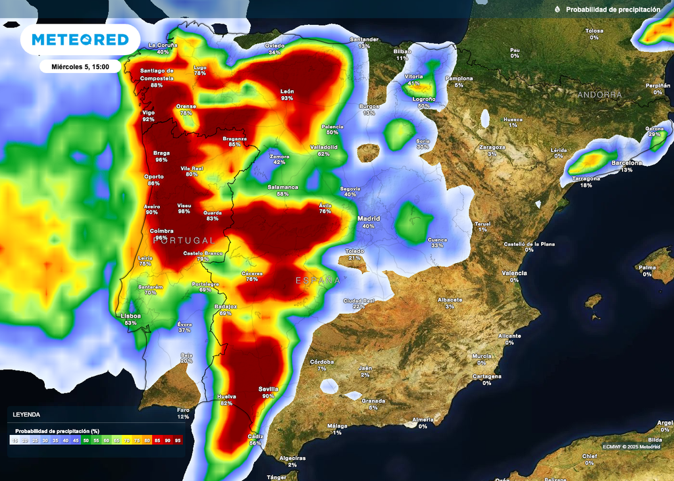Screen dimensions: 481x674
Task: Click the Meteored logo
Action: click(80, 39)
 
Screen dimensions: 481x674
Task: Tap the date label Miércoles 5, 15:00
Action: click(80, 66)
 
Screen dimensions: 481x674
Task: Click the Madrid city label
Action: click(369, 218)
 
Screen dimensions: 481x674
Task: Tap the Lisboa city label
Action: click(130, 316)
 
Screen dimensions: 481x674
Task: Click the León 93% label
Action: click(287, 91)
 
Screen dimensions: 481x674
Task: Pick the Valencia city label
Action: click(514, 272)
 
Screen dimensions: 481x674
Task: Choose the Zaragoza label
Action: click(492, 147)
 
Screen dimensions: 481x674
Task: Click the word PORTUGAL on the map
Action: click(184, 240)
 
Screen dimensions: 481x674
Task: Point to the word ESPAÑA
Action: click(318, 280)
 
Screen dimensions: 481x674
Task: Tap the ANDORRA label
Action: click(599, 95)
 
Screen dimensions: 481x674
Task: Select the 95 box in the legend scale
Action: click(178, 440)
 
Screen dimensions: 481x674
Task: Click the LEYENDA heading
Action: click(26, 415)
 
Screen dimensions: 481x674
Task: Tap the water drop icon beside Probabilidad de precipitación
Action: click(557, 10)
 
